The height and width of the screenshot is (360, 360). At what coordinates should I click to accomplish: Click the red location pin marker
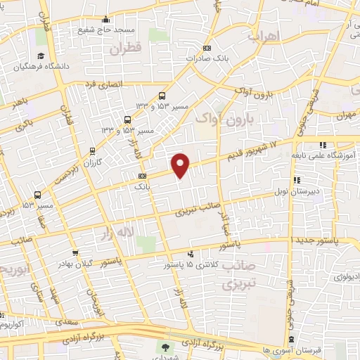click(181, 165)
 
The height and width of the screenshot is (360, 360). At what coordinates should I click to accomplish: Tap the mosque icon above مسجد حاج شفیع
click(105, 19)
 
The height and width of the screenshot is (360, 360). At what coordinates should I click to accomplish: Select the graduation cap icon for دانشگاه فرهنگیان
click(41, 56)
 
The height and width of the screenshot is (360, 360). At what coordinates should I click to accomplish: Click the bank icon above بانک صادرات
click(205, 48)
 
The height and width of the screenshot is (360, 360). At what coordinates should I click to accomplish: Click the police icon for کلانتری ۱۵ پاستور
click(191, 255)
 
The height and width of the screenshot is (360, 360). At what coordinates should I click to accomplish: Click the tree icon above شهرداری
click(167, 347)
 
